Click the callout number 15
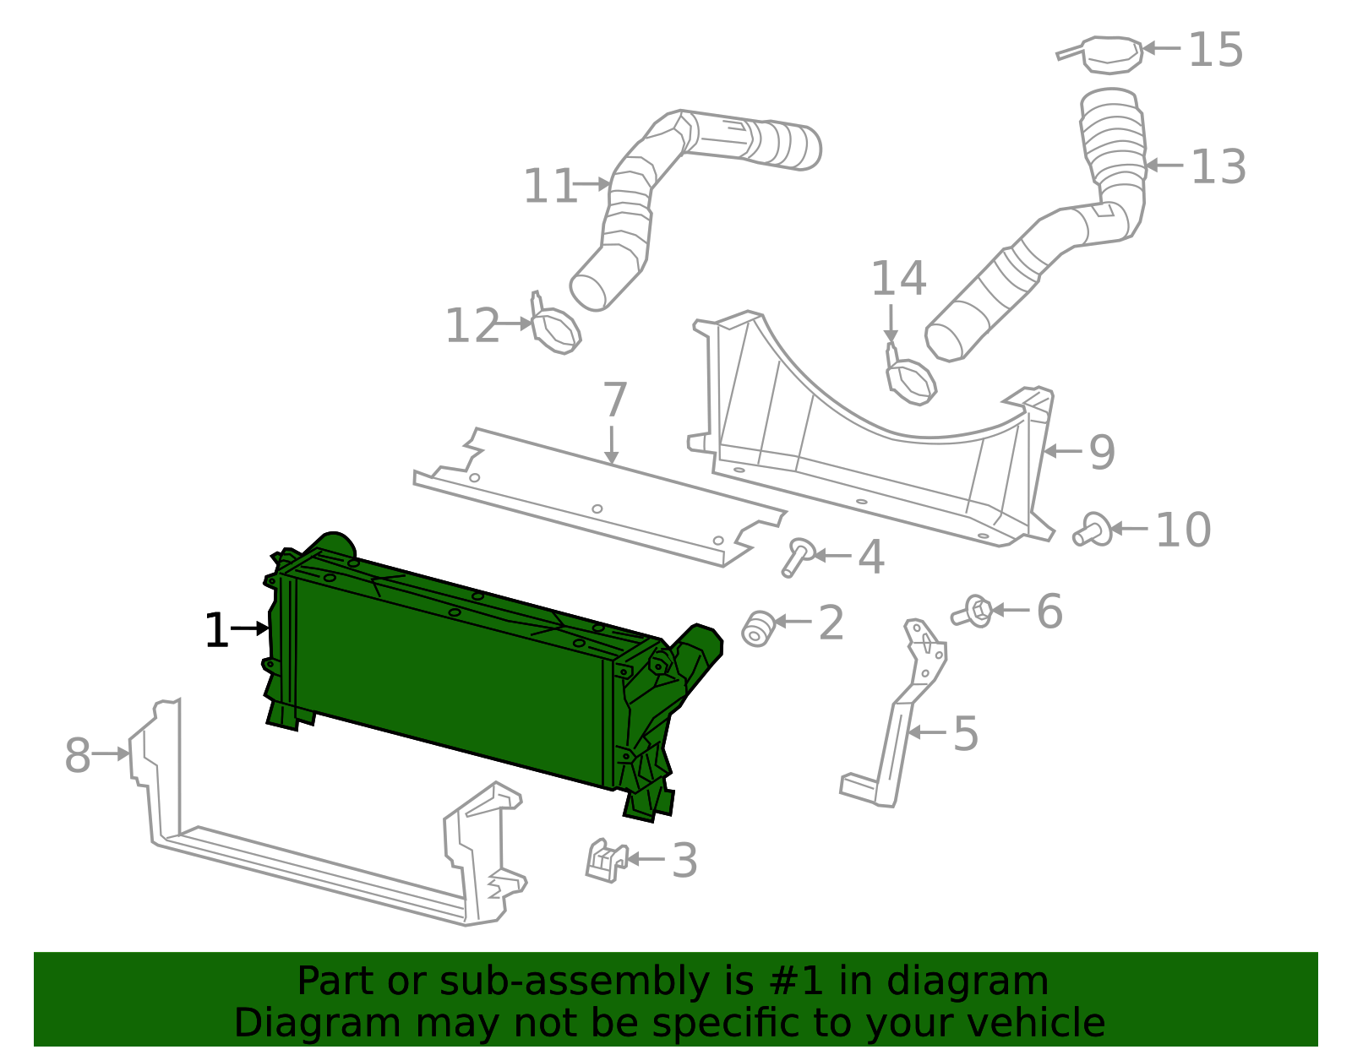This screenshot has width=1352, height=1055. point(1215,50)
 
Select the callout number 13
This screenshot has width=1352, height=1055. point(1218,166)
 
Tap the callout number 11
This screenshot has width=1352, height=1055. point(549,186)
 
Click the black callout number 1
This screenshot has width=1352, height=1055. point(216,631)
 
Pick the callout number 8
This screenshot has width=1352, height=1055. point(77,755)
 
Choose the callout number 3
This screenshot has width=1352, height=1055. point(684,861)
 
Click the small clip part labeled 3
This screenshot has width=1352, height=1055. point(605,861)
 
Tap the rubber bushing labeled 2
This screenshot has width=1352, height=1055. point(758,628)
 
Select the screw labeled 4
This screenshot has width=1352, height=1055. point(797,557)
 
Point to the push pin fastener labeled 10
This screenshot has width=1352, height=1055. point(1093,530)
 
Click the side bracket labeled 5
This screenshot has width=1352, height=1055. point(896,735)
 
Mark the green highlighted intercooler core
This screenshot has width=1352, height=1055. point(448,667)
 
